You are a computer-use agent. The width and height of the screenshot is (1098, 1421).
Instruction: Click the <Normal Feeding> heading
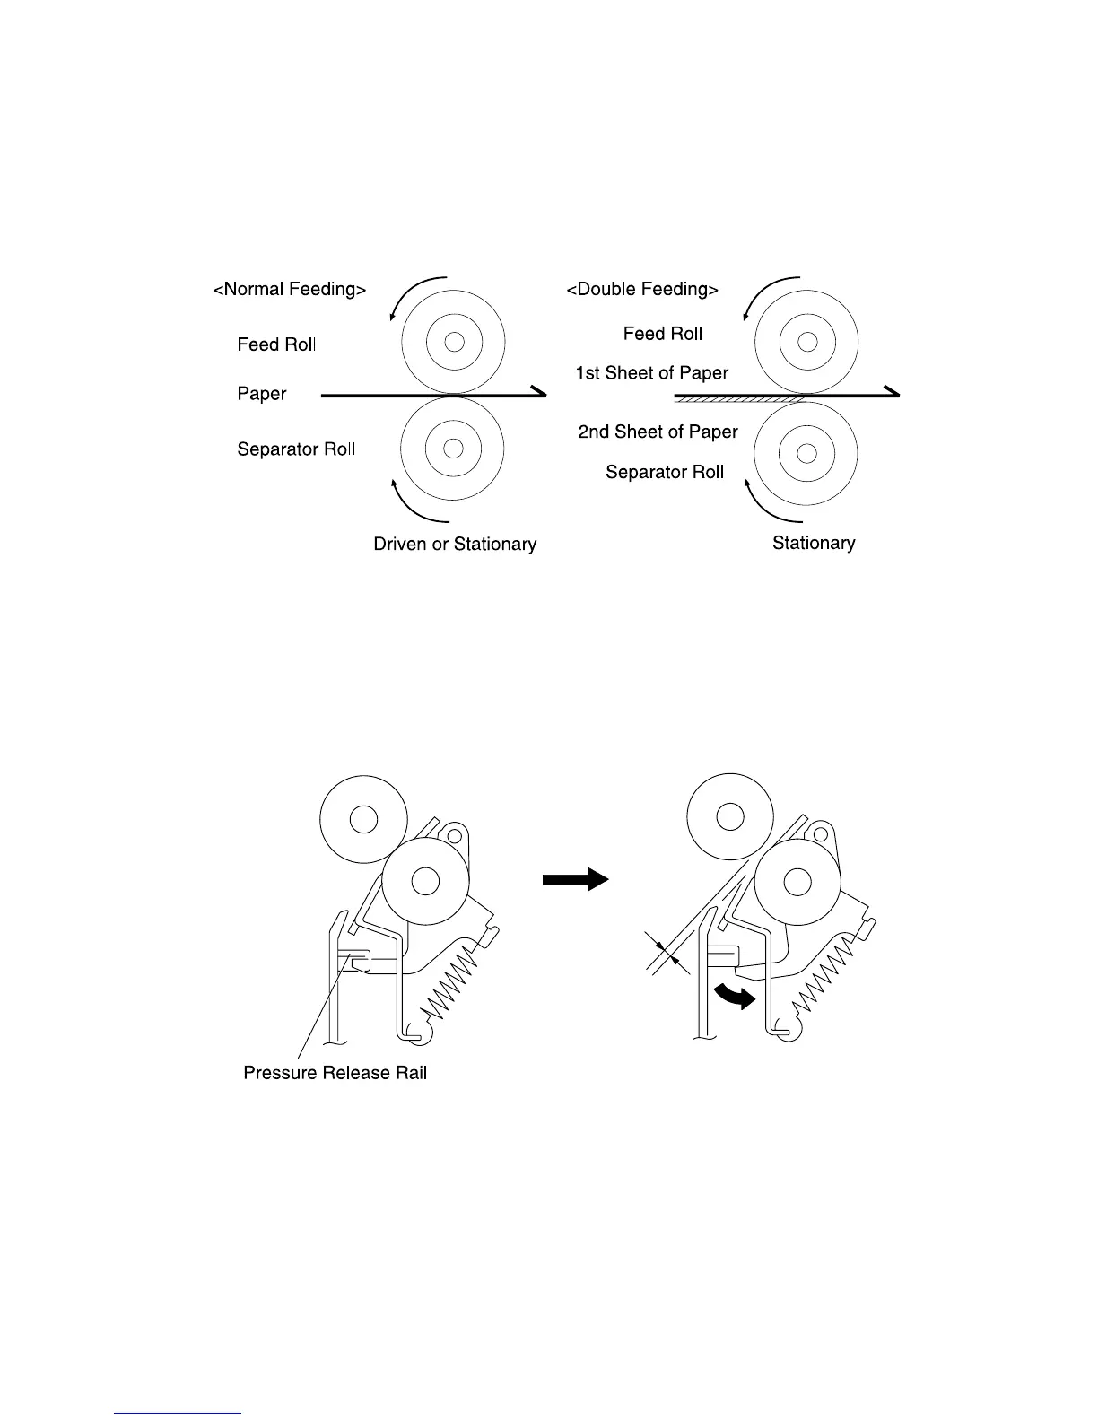pos(289,290)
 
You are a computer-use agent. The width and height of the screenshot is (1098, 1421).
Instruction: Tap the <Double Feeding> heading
pos(642,290)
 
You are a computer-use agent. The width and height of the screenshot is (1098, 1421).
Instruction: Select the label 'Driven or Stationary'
pos(455,545)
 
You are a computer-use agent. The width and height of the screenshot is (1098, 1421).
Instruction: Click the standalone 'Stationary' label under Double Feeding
pos(813,543)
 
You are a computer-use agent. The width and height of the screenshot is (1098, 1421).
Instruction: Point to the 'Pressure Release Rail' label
pos(335,1073)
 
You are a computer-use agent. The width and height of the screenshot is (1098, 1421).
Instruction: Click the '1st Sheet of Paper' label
pos(651,373)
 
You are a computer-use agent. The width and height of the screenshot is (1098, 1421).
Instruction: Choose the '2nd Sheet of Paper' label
pos(658,432)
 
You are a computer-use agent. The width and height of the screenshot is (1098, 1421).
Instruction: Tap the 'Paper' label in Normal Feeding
pos(262,394)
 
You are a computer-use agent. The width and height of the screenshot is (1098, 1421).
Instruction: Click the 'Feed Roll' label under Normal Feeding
pos(276,344)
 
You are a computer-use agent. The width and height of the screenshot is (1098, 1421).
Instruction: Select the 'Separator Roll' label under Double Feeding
pos(664,473)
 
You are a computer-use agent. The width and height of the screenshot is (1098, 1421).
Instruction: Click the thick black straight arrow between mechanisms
pos(575,880)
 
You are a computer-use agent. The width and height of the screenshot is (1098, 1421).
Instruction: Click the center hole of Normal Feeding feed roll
pos(453,342)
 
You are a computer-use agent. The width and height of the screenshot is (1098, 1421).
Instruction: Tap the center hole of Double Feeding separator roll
pos(806,447)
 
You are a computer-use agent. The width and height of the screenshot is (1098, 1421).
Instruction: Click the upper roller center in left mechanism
pos(362,818)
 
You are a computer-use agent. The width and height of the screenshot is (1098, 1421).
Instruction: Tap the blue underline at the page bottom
pos(179,1413)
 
